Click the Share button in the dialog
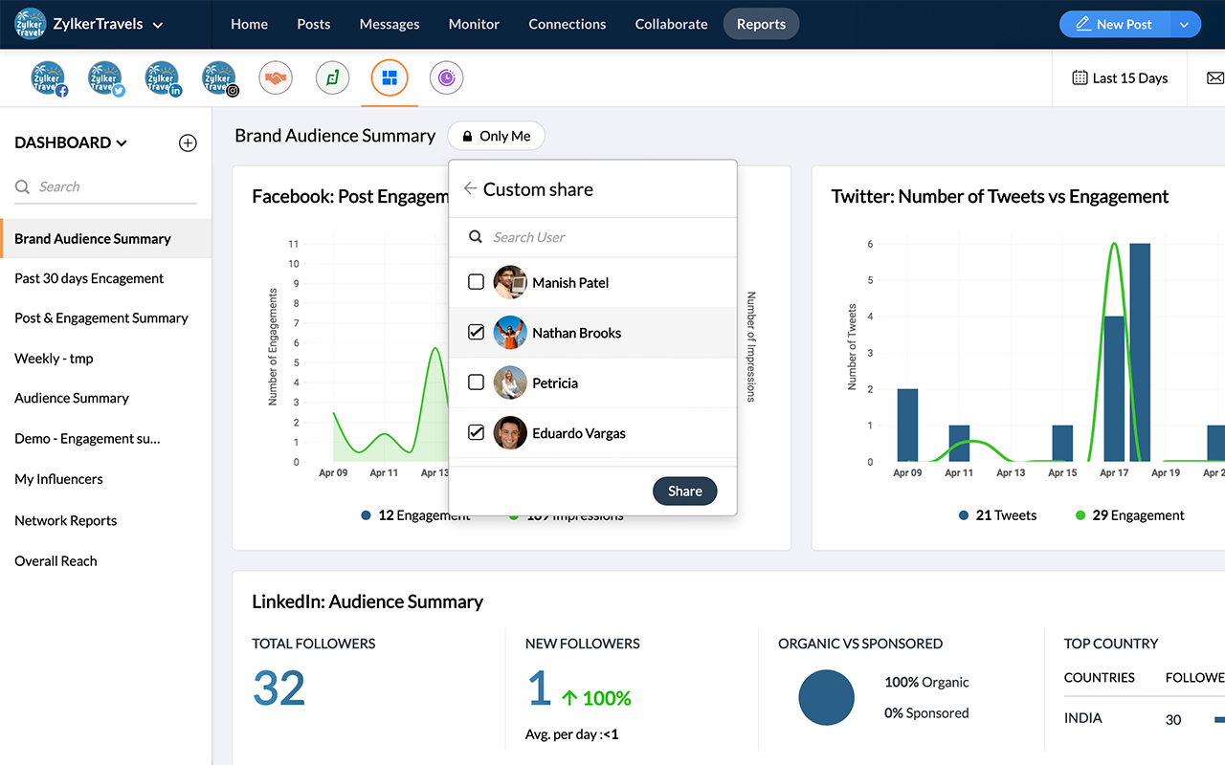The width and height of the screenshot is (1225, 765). pos(684,491)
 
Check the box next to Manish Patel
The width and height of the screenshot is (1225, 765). pos(476,282)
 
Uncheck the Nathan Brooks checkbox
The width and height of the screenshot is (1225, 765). pos(476,333)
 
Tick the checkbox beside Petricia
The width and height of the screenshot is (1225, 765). pos(476,382)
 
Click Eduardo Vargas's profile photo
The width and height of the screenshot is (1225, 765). pos(510,433)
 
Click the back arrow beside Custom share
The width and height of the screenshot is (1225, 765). pos(470,188)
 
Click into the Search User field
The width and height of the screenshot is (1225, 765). pos(603,237)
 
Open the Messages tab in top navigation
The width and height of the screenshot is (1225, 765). pos(390,24)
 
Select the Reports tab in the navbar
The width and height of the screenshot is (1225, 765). pos(761,24)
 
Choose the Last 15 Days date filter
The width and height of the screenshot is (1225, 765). pos(1120,78)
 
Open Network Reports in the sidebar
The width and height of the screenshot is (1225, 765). pos(66,520)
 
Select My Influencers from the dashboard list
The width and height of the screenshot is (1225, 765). pos(58,479)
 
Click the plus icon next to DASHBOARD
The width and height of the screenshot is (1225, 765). pos(188,142)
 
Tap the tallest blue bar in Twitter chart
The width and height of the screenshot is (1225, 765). pos(1140,354)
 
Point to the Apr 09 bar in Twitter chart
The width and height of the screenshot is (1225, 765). pos(907,426)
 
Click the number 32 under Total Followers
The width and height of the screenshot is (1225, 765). pos(278,688)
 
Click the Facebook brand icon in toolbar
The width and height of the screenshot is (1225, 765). pos(48,78)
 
